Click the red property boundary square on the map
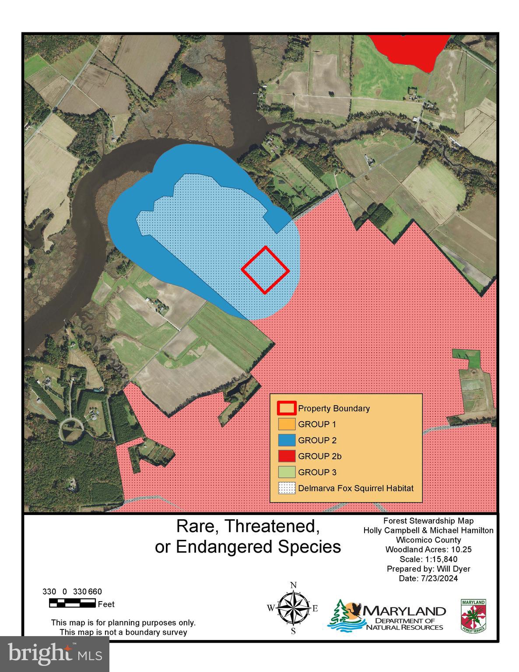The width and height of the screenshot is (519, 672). (x=265, y=270)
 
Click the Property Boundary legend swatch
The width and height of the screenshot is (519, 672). (x=287, y=408)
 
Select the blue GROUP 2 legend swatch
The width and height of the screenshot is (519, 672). (x=287, y=440)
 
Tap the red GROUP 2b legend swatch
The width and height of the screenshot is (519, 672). (x=287, y=456)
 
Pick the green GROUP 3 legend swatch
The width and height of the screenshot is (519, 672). (x=287, y=472)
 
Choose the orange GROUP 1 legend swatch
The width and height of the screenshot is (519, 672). (x=287, y=424)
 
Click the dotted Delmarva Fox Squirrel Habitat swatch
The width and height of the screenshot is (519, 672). (x=287, y=488)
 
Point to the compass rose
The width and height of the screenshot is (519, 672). (x=293, y=608)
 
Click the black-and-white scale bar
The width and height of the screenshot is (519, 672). (x=72, y=604)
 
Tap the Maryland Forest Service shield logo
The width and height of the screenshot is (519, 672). (x=473, y=615)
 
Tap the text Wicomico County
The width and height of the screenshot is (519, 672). (x=428, y=540)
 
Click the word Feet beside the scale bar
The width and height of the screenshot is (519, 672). (x=106, y=604)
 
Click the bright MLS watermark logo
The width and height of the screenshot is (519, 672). (x=55, y=654)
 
